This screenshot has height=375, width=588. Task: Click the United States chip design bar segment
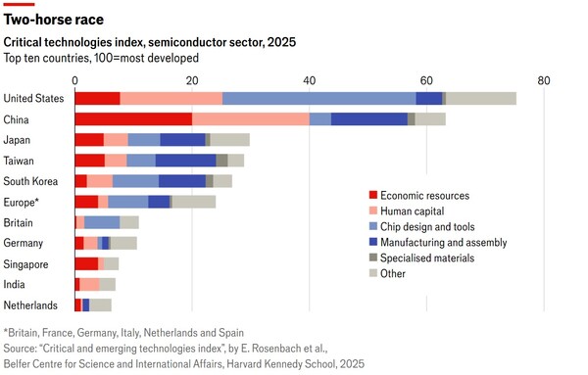coord(319,99)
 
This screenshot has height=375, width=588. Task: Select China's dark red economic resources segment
coord(133,119)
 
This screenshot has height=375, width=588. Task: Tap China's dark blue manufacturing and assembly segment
coord(369,119)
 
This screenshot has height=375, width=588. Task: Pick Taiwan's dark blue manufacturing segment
coord(186,161)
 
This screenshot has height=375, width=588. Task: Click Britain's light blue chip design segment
coord(102,222)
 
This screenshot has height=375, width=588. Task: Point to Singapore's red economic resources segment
coord(86,263)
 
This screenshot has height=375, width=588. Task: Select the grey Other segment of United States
coord(481,99)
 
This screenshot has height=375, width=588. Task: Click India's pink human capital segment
coord(89,284)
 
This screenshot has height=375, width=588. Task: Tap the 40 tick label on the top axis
coord(310,80)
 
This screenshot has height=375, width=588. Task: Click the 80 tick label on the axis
coord(544,80)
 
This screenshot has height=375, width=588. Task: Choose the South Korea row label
coord(30,181)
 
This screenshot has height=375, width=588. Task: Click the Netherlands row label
coord(30,305)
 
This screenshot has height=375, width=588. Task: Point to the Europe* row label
coord(21,203)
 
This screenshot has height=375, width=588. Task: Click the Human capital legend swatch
coord(373,211)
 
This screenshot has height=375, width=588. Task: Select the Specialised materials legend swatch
coord(373,258)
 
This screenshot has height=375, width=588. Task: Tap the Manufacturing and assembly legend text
coord(444,243)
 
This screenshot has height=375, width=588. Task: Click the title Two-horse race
coord(54,20)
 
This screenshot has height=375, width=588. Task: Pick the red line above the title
coord(19,4)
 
